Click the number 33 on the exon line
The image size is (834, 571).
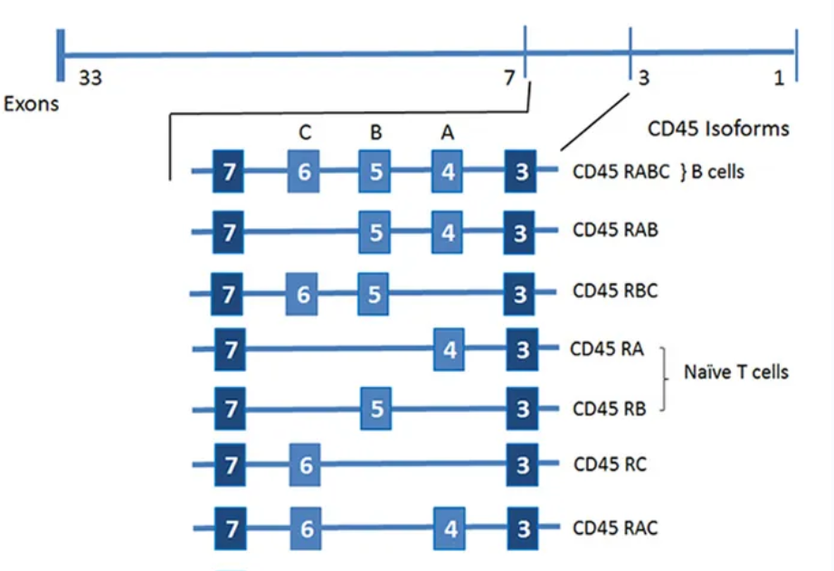coord(90,79)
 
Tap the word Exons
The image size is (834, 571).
coord(31,103)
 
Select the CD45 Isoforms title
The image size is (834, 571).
coord(718,128)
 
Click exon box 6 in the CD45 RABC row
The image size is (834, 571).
coord(304,172)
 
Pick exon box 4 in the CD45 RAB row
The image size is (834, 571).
coord(448,233)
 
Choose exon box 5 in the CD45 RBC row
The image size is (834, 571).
coord(374,293)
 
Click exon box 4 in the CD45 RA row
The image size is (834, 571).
coord(448,349)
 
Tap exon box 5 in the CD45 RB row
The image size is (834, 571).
coord(375,409)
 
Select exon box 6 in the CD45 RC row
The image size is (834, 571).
coord(306,466)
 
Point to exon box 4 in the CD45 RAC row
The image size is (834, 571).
coord(450,528)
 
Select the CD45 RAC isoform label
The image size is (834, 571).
coord(615,528)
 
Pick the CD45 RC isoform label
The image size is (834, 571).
coord(609,465)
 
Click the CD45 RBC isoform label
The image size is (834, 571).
coord(615,292)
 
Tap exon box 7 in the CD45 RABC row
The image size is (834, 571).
coord(229,172)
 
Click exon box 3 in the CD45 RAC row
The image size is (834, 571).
coord(522,528)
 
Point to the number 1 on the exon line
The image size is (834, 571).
coord(779,79)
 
